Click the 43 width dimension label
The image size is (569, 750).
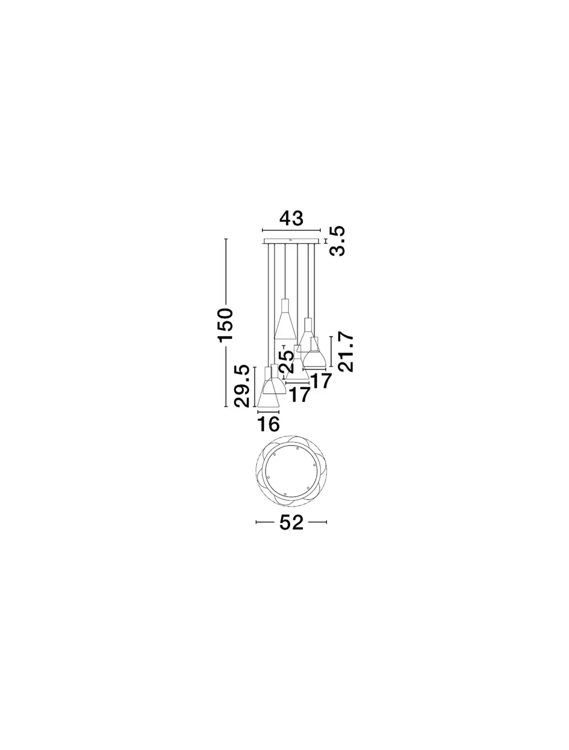291,219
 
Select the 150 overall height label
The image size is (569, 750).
225,324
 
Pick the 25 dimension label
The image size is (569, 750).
286,362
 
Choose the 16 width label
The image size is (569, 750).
268,424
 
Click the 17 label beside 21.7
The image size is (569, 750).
321,381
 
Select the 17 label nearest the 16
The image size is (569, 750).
300,395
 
